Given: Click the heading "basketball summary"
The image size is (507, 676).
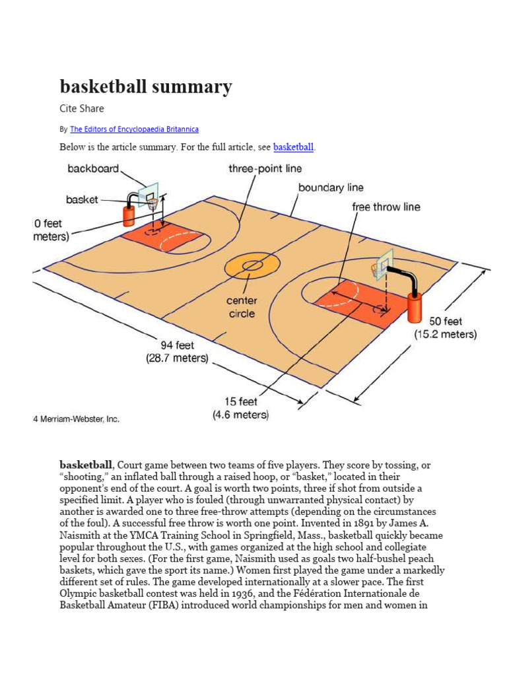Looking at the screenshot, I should (x=146, y=86).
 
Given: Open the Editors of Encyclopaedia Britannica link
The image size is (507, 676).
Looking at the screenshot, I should (x=134, y=129).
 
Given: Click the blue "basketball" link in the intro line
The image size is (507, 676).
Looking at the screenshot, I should (x=294, y=147).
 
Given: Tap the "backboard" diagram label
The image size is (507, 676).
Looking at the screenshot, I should (x=93, y=169).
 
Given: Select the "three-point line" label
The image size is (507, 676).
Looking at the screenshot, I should (x=265, y=169).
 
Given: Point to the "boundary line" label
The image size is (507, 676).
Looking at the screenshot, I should (x=331, y=187).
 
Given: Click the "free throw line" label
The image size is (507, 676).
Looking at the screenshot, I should (x=386, y=207).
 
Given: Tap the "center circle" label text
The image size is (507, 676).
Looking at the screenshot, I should (x=242, y=307).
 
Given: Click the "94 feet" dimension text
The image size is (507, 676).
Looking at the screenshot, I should (x=177, y=345).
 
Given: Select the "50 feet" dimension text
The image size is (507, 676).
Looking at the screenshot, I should (x=446, y=321).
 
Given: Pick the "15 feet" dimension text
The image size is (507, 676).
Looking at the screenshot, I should (x=240, y=402).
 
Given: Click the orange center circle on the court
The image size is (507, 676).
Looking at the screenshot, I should (x=250, y=265).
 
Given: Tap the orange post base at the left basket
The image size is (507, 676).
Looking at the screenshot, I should (x=128, y=215).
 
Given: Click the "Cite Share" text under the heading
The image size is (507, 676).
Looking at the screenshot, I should (x=82, y=108).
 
